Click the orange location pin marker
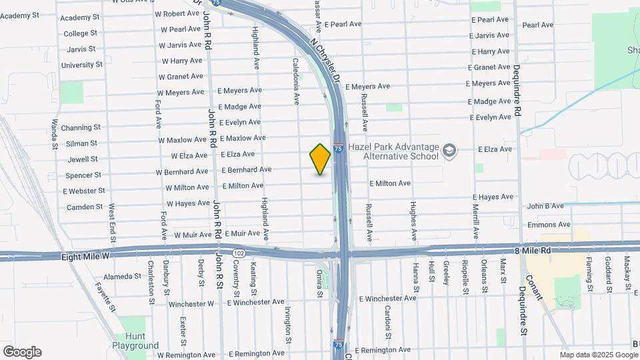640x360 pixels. pyautogui.click(x=320, y=159)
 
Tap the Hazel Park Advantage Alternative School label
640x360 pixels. pyautogui.click(x=401, y=151)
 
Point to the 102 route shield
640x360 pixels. pyautogui.click(x=239, y=253)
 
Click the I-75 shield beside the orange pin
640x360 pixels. pyautogui.click(x=339, y=149)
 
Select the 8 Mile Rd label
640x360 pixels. pyautogui.click(x=533, y=250)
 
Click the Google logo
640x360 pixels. pyautogui.click(x=22, y=352)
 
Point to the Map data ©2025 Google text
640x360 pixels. pyautogui.click(x=598, y=355)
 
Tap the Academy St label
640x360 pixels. pyautogui.click(x=79, y=17)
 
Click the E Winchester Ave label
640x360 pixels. pyautogui.click(x=388, y=297)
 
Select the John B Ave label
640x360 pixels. pyautogui.click(x=545, y=207)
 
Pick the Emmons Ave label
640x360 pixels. pyautogui.click(x=549, y=225)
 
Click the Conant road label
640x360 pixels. pyautogui.click(x=534, y=291)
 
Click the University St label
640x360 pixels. pyautogui.click(x=81, y=65)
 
